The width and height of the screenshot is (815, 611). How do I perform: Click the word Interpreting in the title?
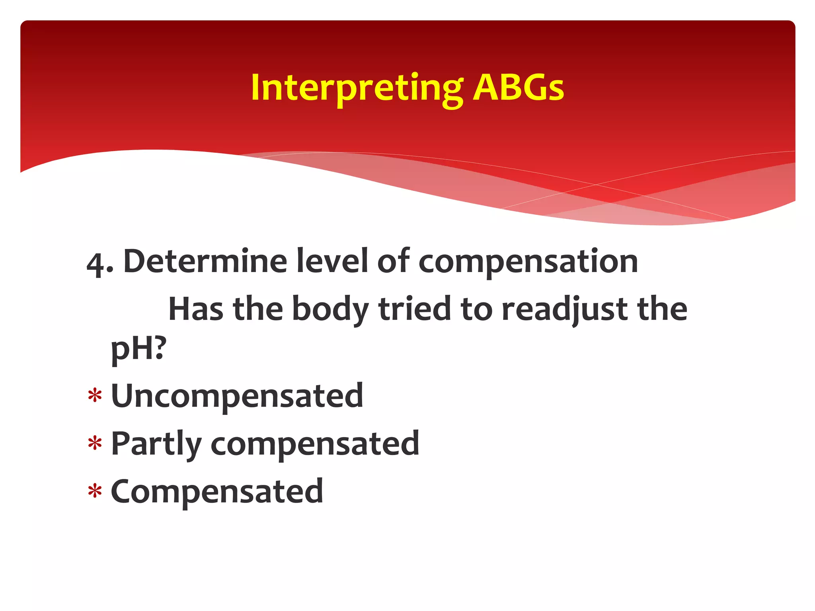(x=357, y=88)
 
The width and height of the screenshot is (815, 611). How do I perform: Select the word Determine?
(x=205, y=261)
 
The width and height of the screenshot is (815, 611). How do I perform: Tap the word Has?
(x=196, y=309)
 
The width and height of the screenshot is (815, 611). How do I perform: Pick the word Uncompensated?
(x=237, y=397)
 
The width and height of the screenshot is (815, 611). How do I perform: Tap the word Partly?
(x=156, y=445)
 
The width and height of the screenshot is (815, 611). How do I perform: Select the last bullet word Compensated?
(x=217, y=492)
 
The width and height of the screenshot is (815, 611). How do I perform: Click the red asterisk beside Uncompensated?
(x=95, y=396)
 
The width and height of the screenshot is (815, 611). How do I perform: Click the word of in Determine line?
(x=393, y=261)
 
